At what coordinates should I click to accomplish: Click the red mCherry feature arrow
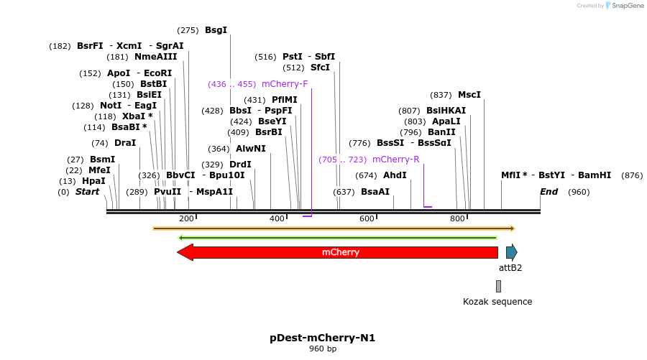(x=338, y=252)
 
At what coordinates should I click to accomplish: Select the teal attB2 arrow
(x=511, y=252)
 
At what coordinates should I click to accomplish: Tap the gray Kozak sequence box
(x=498, y=286)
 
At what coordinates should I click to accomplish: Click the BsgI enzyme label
(x=216, y=30)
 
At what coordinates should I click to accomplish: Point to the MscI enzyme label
(x=469, y=95)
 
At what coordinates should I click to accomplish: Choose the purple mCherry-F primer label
(x=285, y=84)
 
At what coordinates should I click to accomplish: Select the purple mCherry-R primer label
(x=395, y=160)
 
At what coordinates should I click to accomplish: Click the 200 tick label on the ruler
(x=186, y=218)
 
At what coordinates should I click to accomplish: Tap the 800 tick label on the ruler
(x=457, y=218)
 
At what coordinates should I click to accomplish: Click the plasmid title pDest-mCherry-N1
(x=322, y=338)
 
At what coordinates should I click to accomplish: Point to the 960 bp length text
(x=322, y=349)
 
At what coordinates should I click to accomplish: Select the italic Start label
(x=87, y=192)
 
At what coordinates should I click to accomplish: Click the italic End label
(x=549, y=192)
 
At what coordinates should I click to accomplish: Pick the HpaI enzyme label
(x=93, y=181)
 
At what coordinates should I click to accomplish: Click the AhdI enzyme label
(x=395, y=175)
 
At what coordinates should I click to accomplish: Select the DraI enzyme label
(x=125, y=143)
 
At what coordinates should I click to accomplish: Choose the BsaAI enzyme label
(x=375, y=192)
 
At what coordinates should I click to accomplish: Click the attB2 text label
(x=510, y=268)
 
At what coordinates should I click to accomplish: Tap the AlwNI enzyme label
(x=251, y=149)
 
